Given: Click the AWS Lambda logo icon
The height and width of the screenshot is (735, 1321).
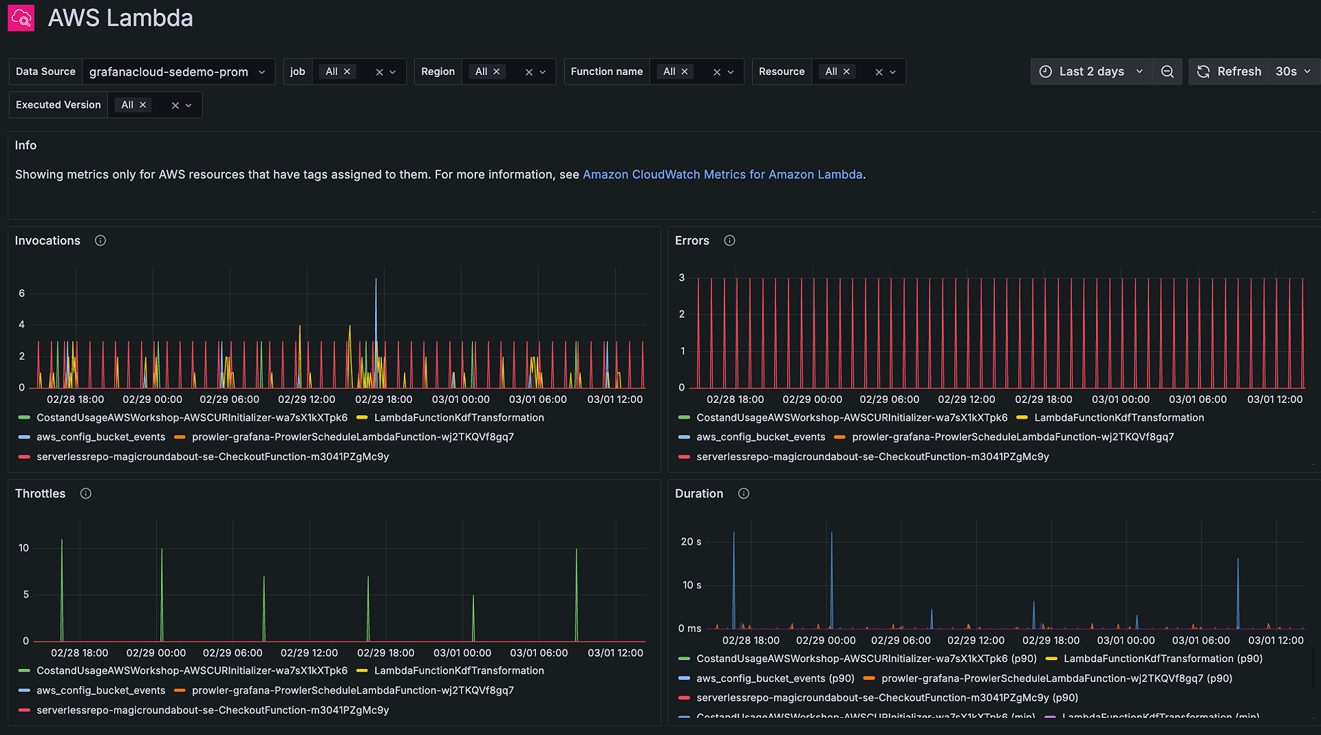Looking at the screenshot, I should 21,18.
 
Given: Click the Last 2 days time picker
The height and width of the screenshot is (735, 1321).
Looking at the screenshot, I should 1091,72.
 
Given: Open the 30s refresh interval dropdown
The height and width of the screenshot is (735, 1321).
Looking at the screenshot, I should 1293,72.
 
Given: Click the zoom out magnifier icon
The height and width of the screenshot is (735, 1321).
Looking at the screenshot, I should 1168,72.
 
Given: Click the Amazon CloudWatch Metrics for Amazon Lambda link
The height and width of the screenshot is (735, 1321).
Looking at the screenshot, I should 722,175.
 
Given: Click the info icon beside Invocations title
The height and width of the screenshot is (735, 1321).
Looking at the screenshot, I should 100,241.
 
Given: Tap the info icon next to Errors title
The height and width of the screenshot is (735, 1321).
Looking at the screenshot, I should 730,241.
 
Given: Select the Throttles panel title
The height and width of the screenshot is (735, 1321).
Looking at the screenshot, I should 41,494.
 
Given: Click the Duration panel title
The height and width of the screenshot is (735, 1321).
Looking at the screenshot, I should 699,494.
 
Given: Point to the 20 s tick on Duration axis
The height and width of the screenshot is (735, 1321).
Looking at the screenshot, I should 691,542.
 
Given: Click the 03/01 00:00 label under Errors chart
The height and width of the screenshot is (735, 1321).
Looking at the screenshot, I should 1120,399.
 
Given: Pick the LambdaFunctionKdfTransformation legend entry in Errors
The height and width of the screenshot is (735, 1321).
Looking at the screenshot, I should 1119,418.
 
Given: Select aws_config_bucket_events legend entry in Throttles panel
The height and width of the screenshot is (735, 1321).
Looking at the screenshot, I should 100,690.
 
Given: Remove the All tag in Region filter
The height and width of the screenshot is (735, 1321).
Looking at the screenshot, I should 497,72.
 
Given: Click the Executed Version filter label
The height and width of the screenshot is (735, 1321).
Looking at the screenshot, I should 58,105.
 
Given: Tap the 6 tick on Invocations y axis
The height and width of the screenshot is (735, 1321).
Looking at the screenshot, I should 22,294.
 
